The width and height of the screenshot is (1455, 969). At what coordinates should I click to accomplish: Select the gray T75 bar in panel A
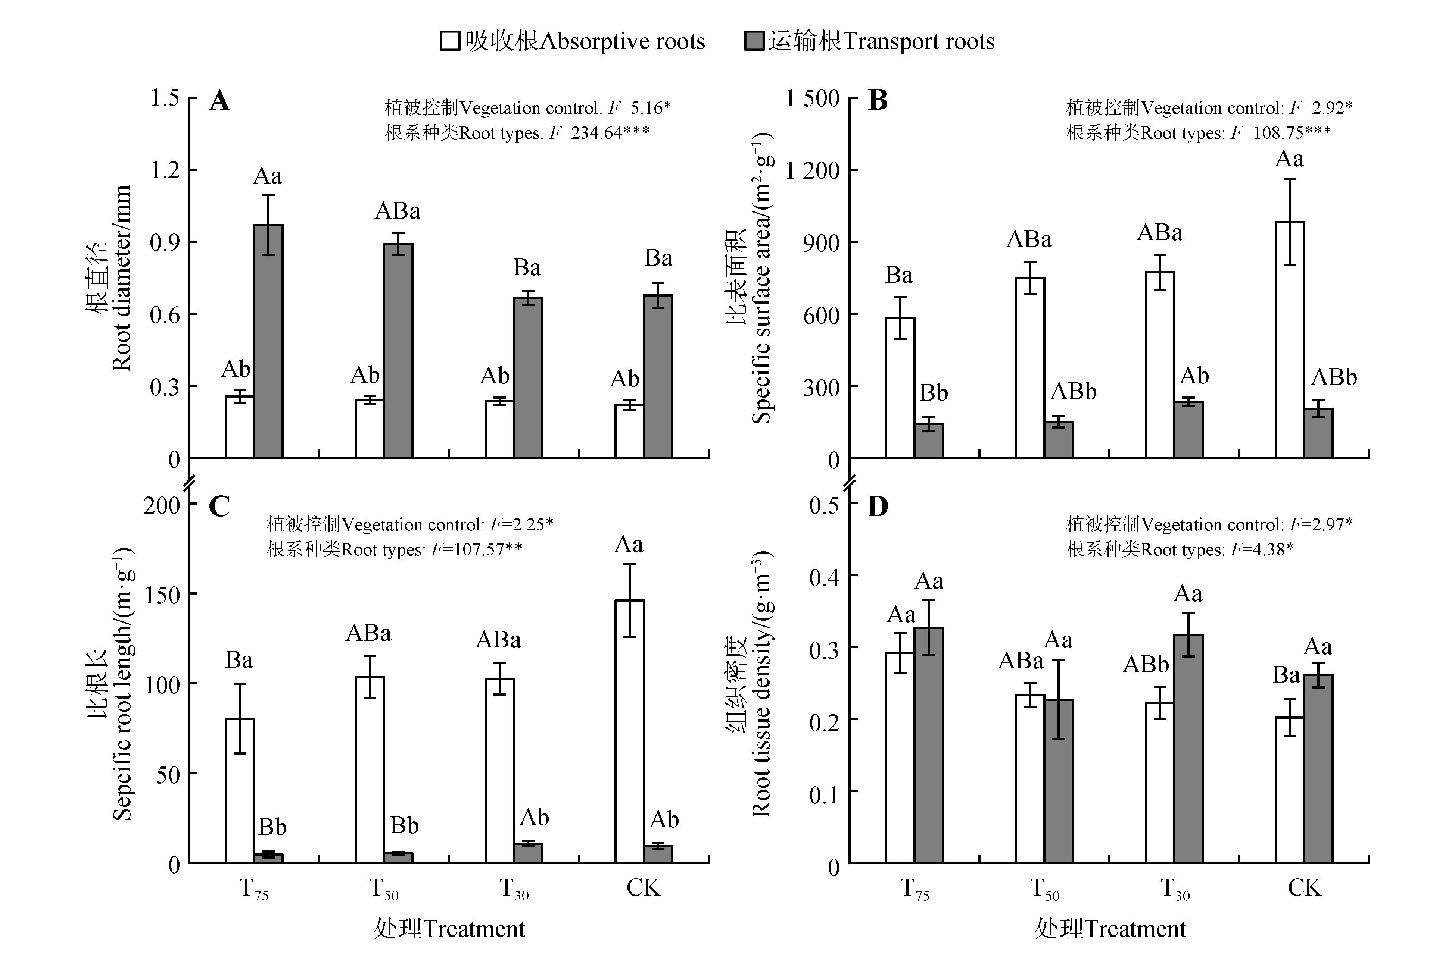click(x=268, y=341)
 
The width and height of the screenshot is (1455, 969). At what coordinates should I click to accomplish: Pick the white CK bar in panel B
click(x=1290, y=340)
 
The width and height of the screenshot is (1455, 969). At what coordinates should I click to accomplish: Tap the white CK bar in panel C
click(x=629, y=732)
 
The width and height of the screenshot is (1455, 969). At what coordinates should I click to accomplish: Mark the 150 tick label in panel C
click(x=162, y=595)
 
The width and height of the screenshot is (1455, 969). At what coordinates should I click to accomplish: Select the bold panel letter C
click(x=219, y=507)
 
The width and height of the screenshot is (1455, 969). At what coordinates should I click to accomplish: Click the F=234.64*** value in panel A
click(x=599, y=133)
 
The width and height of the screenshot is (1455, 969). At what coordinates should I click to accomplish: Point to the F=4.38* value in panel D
click(x=1261, y=549)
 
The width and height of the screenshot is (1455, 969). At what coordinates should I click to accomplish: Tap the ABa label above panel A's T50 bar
click(x=398, y=212)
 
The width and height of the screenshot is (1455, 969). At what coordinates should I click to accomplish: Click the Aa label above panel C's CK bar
click(x=629, y=545)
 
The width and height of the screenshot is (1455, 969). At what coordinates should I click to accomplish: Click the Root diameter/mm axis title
click(x=121, y=278)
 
